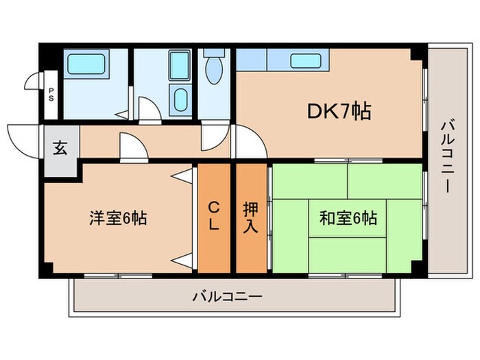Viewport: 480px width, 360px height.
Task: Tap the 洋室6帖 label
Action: coord(117,219)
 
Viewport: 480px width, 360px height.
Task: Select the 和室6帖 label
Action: coord(348,219)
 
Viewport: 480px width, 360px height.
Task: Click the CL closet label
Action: coord(213,215)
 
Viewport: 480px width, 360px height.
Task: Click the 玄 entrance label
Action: coord(60,148)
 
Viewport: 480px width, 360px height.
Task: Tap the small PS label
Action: coord(51,97)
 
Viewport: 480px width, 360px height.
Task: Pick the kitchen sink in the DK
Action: coord(304,61)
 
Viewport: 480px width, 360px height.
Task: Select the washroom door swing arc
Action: coord(149,108)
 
